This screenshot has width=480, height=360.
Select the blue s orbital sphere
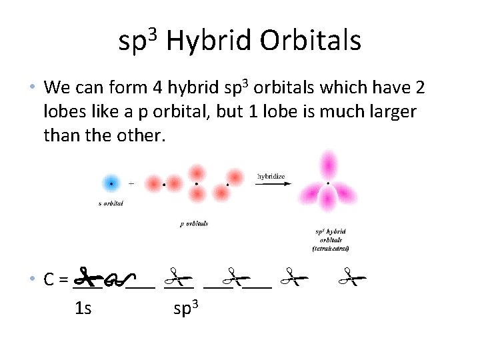point(111,182)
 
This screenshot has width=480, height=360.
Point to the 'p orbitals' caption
point(194,224)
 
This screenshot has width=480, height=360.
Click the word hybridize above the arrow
point(271,176)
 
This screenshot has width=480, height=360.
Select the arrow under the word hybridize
point(273,184)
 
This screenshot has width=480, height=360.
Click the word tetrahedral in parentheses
point(330,248)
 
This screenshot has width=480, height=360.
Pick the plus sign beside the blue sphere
point(131,182)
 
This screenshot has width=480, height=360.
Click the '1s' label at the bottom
point(83,309)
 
